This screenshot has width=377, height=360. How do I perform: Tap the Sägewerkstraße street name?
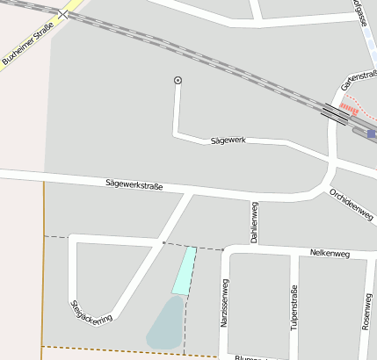(x=134, y=184)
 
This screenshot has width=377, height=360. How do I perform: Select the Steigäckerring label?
(x=91, y=311)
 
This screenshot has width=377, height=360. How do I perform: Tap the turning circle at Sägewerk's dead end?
(x=178, y=81)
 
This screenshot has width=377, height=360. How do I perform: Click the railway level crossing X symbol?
(x=65, y=15)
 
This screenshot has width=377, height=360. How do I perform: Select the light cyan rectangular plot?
(x=185, y=270)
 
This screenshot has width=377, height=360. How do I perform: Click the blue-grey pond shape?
(x=165, y=323)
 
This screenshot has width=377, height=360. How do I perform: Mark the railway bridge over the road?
(x=334, y=112)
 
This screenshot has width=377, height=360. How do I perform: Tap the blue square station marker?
(x=372, y=134)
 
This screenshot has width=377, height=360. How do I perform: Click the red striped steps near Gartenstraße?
(x=349, y=109)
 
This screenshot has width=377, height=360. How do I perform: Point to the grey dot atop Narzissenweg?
(x=223, y=249)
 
